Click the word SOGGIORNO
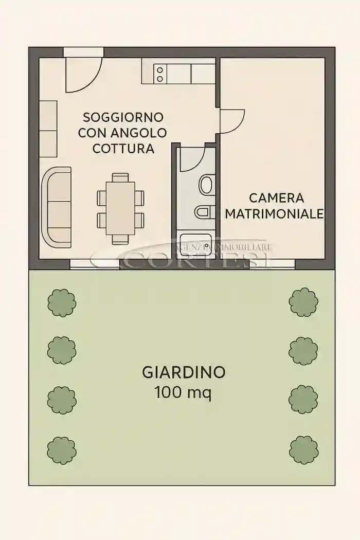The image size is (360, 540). coord(123,117)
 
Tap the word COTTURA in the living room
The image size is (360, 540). coord(123,149)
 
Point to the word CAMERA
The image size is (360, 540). coord(277,198)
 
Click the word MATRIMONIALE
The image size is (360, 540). coord(275,213)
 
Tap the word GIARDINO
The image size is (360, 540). coord(183,372)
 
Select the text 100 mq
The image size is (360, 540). coord(183,393)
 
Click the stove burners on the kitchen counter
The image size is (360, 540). coord(160,74)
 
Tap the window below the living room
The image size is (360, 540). coord(95,264)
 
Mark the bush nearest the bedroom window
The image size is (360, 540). coord(303,302)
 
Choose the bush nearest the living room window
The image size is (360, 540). coord(62,302)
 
